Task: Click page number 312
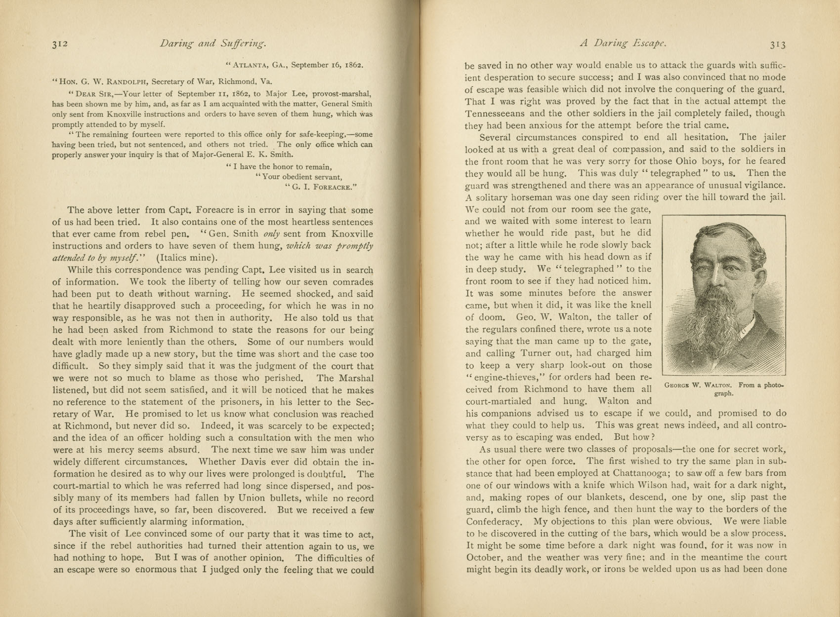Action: (59, 44)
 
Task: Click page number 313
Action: (777, 44)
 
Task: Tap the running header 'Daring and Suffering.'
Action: (213, 44)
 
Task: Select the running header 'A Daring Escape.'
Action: (623, 43)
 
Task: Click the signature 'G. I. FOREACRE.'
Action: (321, 187)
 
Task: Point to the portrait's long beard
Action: (712, 326)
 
